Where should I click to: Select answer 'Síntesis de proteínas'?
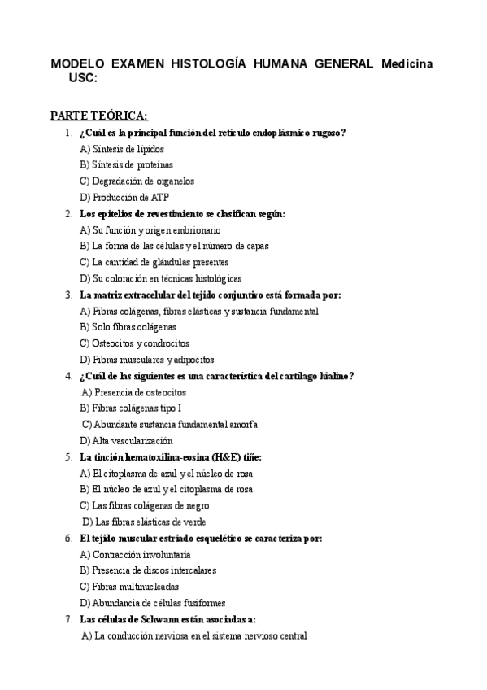point(128,164)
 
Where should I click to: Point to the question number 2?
point(68,213)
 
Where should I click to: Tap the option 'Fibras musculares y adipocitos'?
point(147,360)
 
